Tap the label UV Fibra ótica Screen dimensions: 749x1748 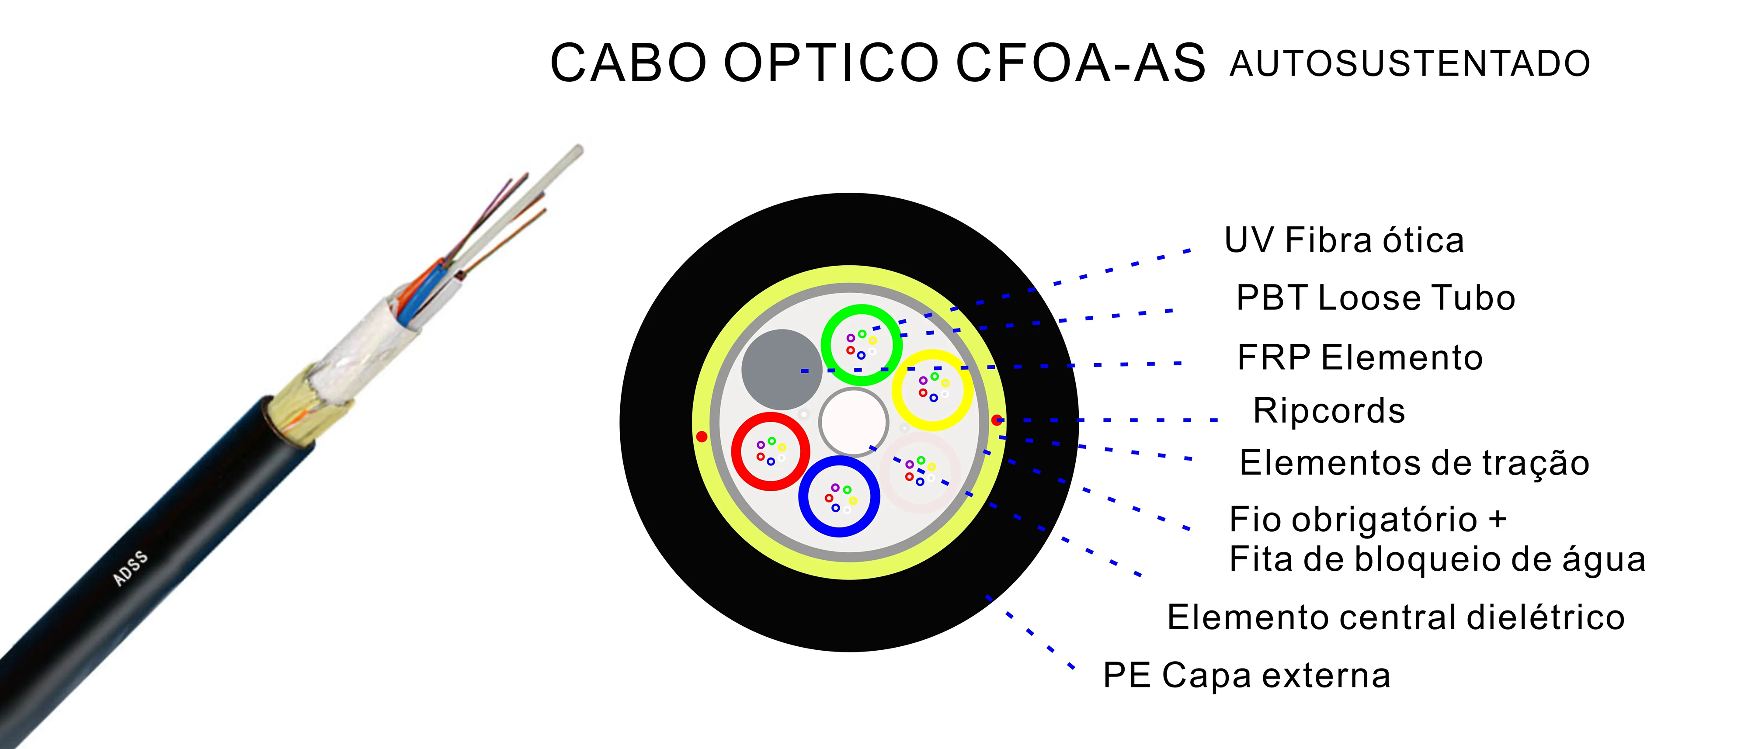[x=1344, y=240]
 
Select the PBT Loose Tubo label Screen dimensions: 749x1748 [x=1376, y=298]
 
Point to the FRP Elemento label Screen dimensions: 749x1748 [x=1360, y=357]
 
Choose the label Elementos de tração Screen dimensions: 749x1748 [x=1414, y=463]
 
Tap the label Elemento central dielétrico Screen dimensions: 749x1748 [x=1396, y=617]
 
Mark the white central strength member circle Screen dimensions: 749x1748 [x=854, y=422]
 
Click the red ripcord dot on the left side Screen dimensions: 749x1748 [x=702, y=436]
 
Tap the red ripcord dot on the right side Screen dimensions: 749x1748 [x=996, y=420]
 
